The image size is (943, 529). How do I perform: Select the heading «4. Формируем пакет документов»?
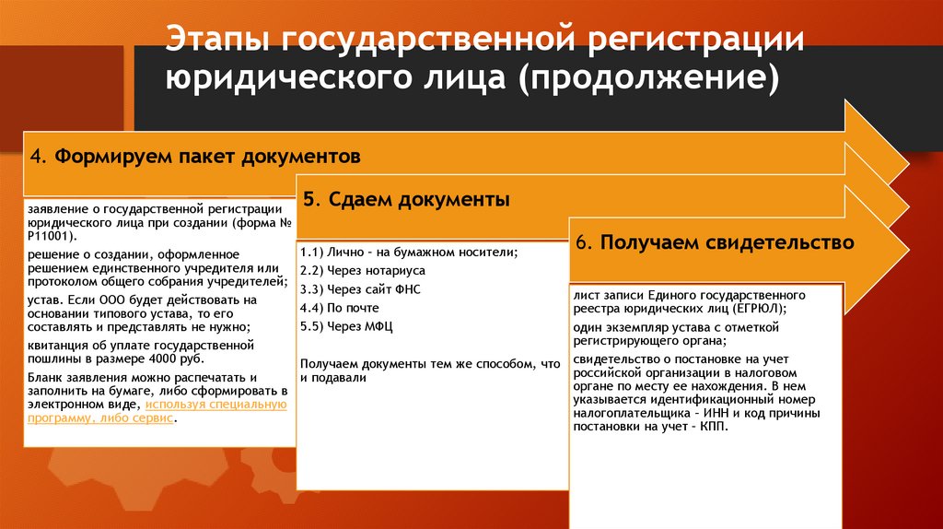click(194, 157)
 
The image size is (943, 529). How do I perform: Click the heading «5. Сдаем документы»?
click(406, 200)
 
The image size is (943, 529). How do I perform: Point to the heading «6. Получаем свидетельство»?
click(715, 242)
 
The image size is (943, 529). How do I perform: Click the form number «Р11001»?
click(45, 235)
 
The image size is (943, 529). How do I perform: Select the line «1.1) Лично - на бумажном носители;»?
click(409, 253)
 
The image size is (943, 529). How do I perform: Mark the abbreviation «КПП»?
click(713, 428)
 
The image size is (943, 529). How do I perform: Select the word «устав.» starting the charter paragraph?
click(44, 300)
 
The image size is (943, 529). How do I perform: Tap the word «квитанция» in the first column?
click(55, 345)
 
